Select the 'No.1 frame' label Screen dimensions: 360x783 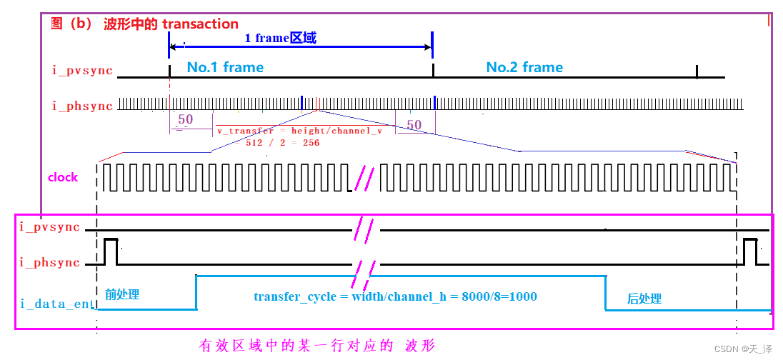[225, 67]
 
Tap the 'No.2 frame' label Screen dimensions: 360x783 [524, 67]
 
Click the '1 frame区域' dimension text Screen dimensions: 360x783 [280, 38]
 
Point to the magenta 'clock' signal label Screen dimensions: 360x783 [63, 177]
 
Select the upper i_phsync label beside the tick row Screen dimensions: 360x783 [82, 106]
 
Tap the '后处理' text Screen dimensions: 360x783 [644, 299]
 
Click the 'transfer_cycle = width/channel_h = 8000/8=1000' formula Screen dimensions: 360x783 [395, 296]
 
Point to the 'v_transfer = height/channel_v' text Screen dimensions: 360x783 [299, 131]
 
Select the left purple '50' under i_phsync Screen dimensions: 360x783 [185, 119]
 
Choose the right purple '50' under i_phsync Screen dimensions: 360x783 [414, 125]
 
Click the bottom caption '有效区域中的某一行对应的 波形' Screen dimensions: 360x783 [316, 346]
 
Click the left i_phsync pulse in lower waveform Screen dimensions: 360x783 [111, 251]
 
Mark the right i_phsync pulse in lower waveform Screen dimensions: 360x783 [749, 251]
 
